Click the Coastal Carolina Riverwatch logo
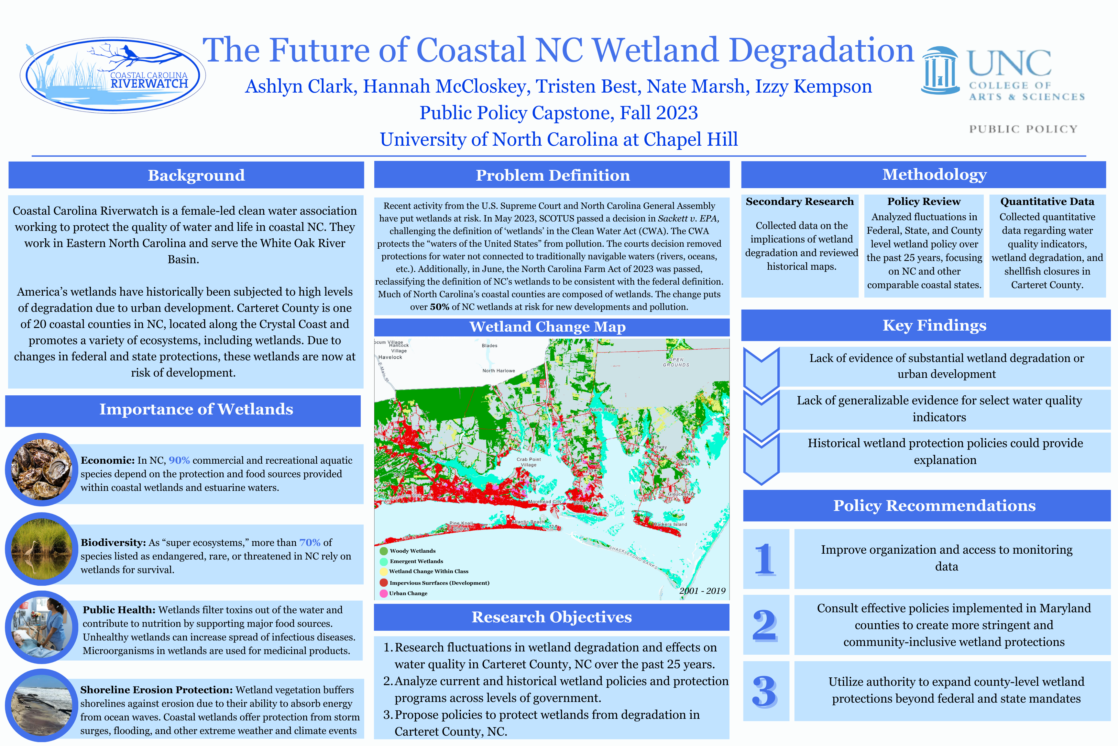[113, 75]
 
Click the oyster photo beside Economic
[41, 469]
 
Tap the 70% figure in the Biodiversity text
[310, 542]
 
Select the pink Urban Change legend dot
[384, 593]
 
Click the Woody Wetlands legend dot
[384, 551]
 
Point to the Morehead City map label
[544, 502]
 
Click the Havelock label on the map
[390, 357]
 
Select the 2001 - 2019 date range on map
[702, 591]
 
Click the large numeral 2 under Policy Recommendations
[764, 625]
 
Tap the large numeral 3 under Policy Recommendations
[764, 691]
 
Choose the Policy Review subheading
[923, 201]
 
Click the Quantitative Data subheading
[1047, 201]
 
